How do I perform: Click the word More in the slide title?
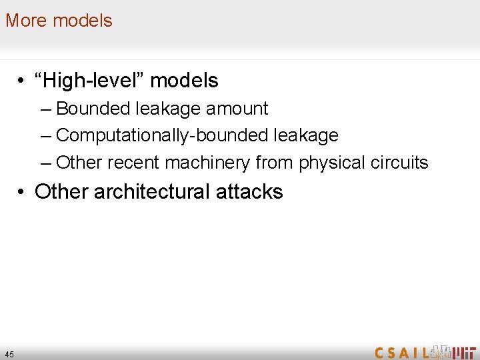27,21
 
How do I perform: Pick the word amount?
237,109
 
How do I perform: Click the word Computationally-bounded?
163,135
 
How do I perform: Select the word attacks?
249,192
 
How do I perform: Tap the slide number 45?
9,354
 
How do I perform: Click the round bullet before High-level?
23,81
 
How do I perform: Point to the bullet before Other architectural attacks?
23,193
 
